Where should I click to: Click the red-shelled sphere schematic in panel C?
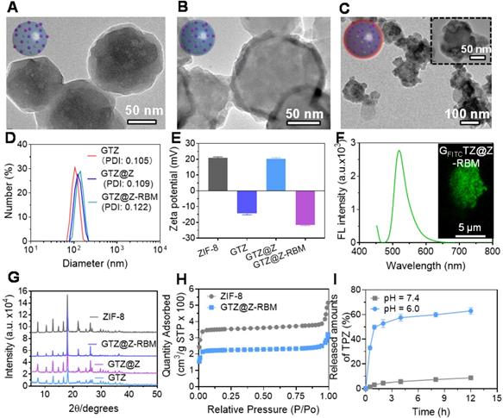pos(367,41)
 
